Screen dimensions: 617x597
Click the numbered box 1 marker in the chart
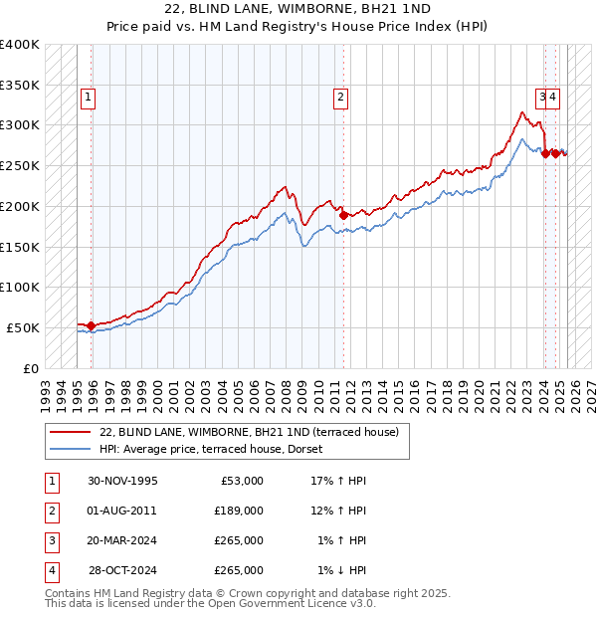[x=89, y=98]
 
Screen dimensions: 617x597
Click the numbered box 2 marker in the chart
[x=340, y=98]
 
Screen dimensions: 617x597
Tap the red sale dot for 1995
[x=92, y=325]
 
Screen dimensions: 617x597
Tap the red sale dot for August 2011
[x=343, y=215]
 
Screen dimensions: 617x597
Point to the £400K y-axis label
[x=20, y=45]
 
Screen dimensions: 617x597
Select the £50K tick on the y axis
[x=24, y=327]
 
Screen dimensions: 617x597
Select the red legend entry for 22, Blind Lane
[x=249, y=432]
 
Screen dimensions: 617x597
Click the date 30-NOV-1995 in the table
[x=122, y=481]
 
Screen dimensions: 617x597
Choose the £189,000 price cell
[x=239, y=511]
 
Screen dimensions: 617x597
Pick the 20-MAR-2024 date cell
[x=122, y=540]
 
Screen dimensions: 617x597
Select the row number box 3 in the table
[x=50, y=540]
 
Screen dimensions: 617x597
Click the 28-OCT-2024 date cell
[x=122, y=570]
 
